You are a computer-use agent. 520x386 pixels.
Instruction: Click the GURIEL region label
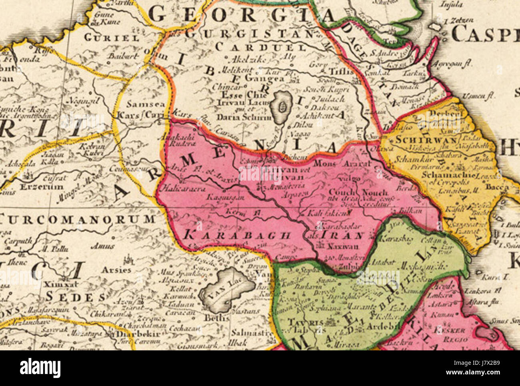(112, 38)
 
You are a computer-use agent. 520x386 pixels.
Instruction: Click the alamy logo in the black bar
(40, 368)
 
